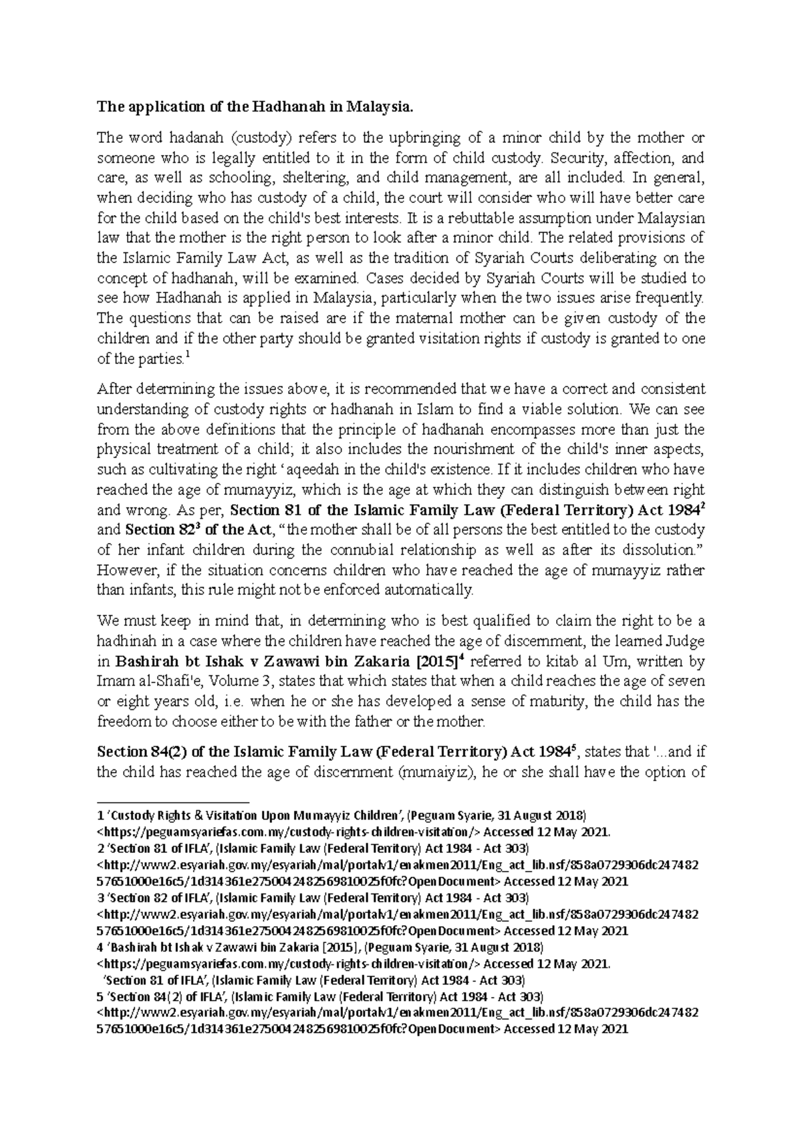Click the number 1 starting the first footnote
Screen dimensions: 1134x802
[100, 815]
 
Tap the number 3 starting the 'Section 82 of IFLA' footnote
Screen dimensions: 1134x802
[100, 898]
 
